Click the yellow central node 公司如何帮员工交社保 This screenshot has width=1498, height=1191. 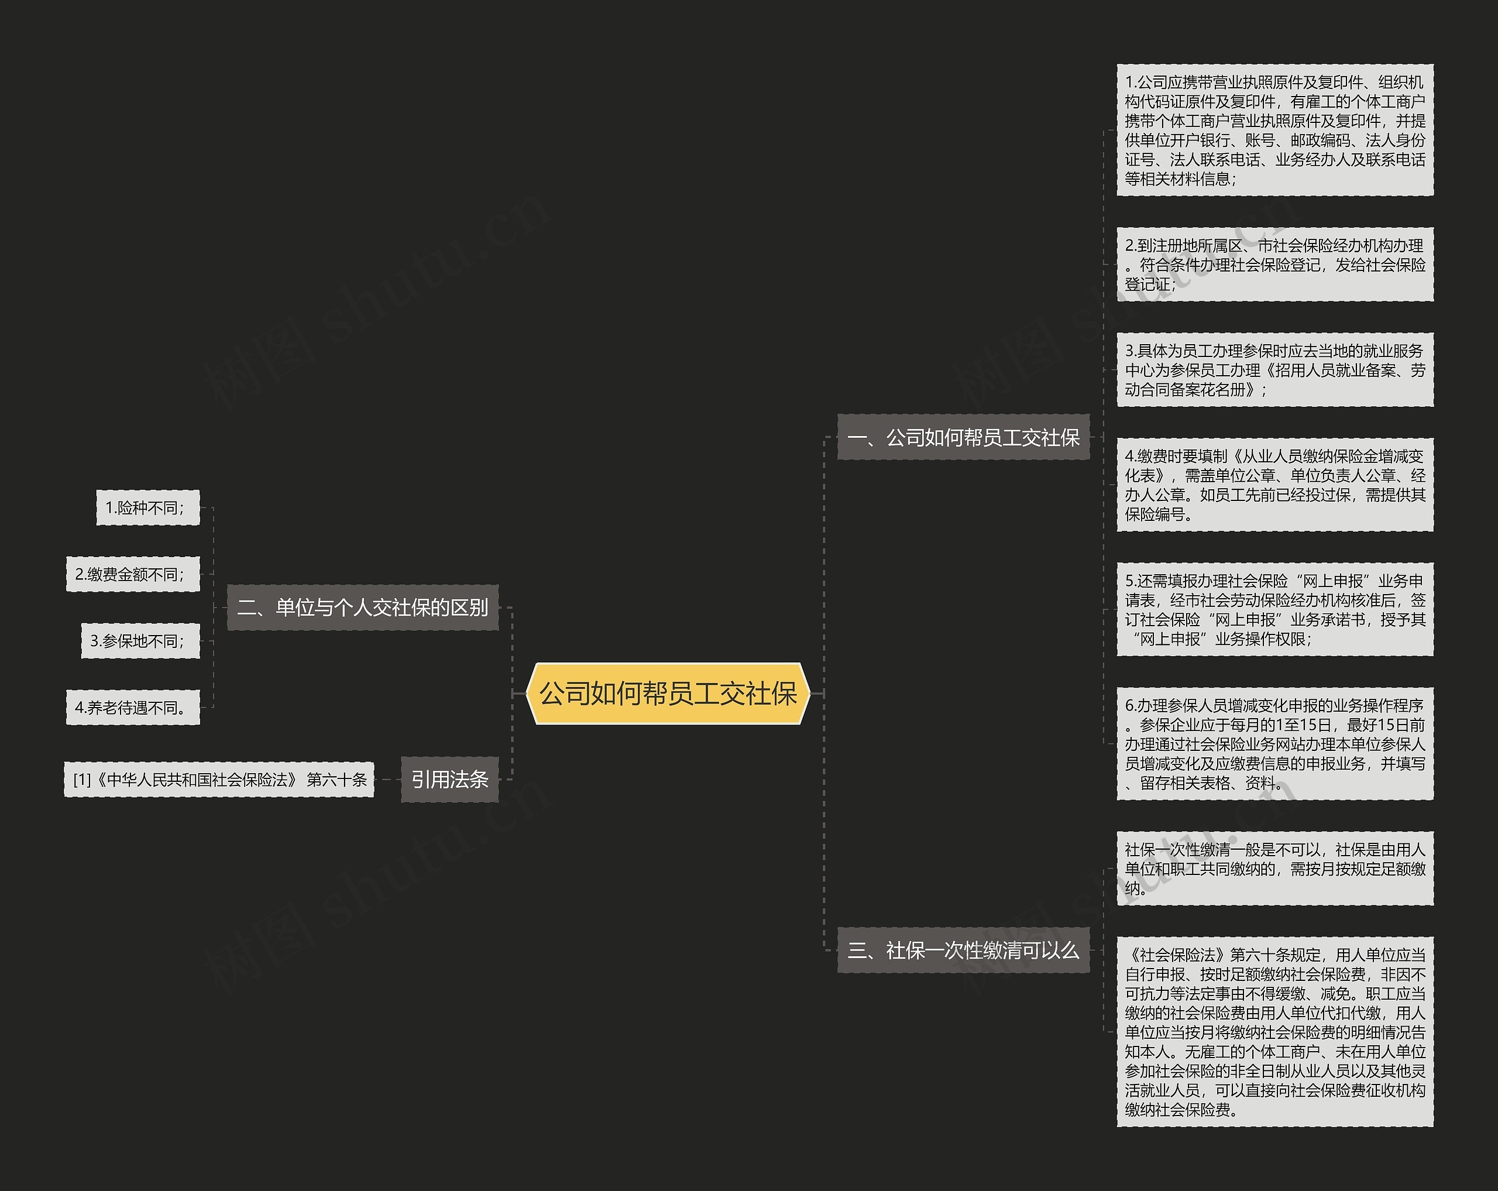click(x=668, y=694)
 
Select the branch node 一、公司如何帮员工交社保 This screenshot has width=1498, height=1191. click(x=963, y=437)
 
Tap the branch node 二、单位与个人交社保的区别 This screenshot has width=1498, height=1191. click(x=363, y=608)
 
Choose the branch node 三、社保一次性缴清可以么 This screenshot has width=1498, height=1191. click(x=963, y=950)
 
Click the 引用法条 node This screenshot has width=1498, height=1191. click(x=449, y=780)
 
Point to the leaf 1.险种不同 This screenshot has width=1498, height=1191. click(x=147, y=508)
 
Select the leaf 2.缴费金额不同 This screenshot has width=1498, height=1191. click(x=133, y=575)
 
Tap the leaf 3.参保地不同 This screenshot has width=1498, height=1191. click(x=140, y=641)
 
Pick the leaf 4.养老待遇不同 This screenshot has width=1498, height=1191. click(x=133, y=708)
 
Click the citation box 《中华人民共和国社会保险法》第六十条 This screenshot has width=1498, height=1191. click(x=219, y=780)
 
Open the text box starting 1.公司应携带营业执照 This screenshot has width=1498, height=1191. click(x=1274, y=130)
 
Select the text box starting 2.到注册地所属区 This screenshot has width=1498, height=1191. click(x=1274, y=265)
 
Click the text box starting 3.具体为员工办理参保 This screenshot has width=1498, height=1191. click(x=1274, y=370)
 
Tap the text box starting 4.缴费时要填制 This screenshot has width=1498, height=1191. click(x=1274, y=485)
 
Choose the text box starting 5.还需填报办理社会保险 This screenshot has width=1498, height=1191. click(x=1274, y=609)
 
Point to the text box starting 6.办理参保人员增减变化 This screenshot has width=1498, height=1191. click(x=1274, y=744)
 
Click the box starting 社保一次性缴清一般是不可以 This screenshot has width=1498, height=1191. click(x=1274, y=869)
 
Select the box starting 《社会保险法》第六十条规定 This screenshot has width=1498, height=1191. click(x=1274, y=1032)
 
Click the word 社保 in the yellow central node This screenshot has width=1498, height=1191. click(x=771, y=694)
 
